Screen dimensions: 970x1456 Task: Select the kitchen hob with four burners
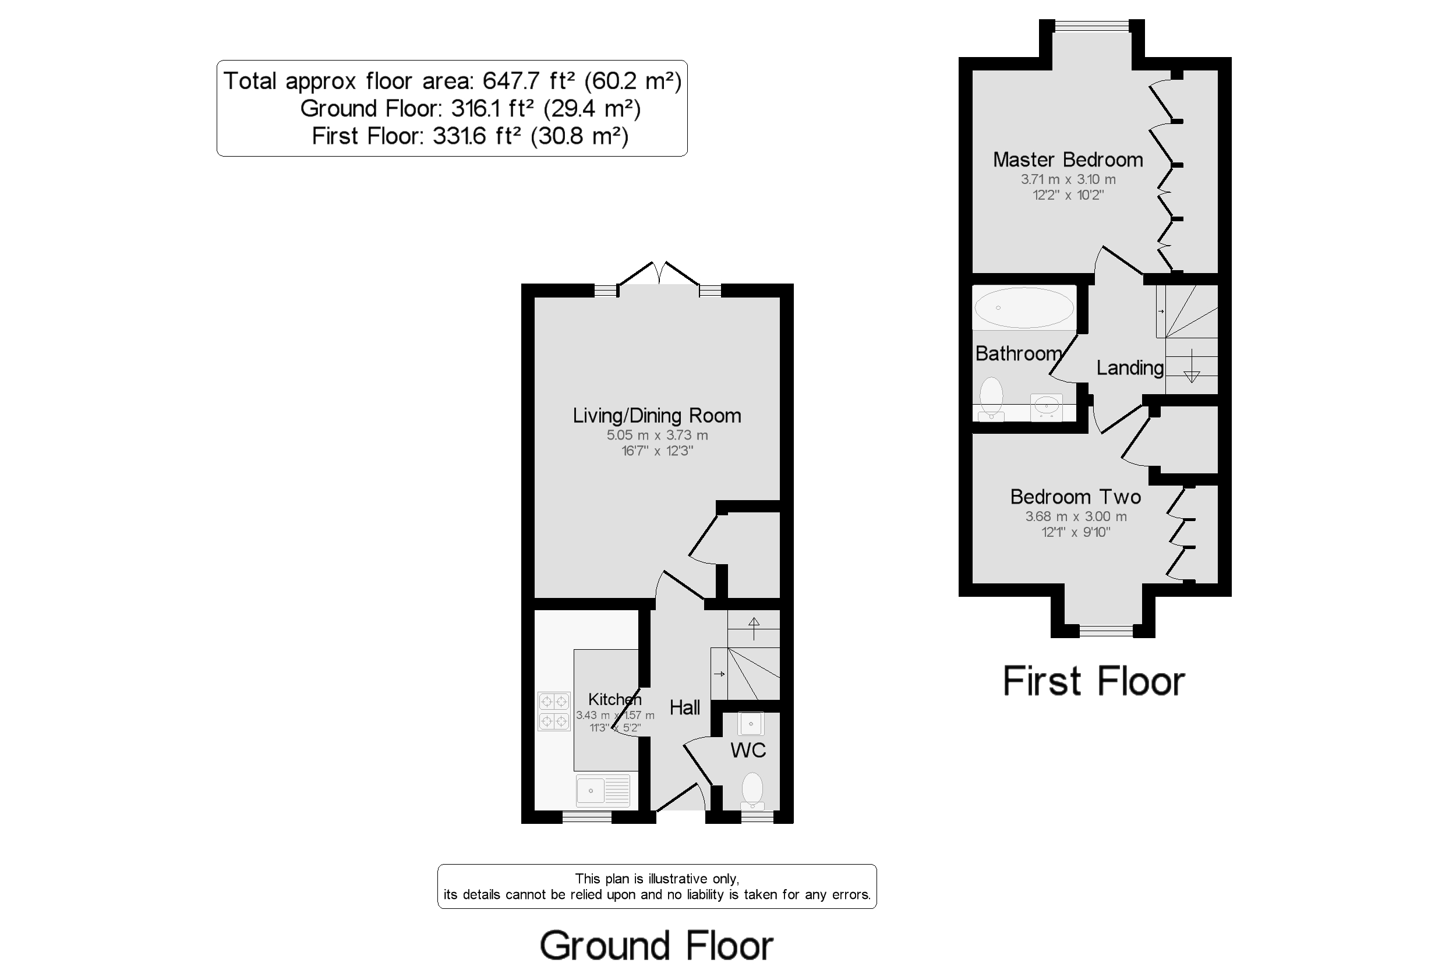[553, 711]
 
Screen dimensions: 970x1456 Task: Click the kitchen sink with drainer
[603, 791]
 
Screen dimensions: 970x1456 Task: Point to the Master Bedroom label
[1068, 160]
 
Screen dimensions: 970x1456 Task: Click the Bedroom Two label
[1076, 497]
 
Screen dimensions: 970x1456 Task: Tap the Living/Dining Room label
[656, 415]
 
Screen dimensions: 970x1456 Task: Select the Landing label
[1130, 367]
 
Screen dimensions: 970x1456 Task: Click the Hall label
[684, 707]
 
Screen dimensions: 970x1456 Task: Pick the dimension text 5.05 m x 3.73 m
[656, 435]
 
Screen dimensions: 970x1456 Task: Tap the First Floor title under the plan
[1093, 681]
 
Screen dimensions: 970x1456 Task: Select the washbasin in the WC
[751, 723]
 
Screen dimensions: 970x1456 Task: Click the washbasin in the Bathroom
[1047, 407]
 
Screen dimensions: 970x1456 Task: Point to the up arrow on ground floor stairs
[753, 627]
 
